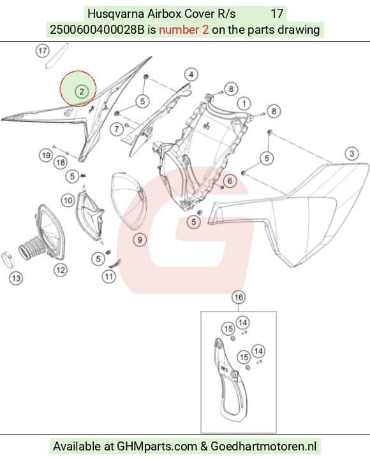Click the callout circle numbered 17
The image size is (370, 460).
click(x=42, y=51)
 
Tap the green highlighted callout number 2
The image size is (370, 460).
click(x=82, y=92)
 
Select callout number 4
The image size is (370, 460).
click(x=191, y=75)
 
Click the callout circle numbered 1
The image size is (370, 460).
click(x=244, y=103)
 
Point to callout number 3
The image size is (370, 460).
click(x=352, y=154)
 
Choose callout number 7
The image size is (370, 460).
click(x=117, y=129)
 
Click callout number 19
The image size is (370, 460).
click(x=46, y=155)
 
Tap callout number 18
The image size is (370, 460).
click(x=61, y=162)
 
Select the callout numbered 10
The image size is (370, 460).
click(x=68, y=201)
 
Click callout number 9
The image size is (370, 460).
click(x=140, y=240)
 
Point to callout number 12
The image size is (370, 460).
click(x=61, y=270)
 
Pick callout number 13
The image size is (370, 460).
click(x=16, y=278)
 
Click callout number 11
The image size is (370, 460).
click(x=109, y=277)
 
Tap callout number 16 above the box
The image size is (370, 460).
click(x=239, y=297)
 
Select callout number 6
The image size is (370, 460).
click(x=230, y=181)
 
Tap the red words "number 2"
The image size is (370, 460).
click(x=184, y=30)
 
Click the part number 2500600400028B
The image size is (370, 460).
click(x=97, y=30)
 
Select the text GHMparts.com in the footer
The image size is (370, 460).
click(x=157, y=446)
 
